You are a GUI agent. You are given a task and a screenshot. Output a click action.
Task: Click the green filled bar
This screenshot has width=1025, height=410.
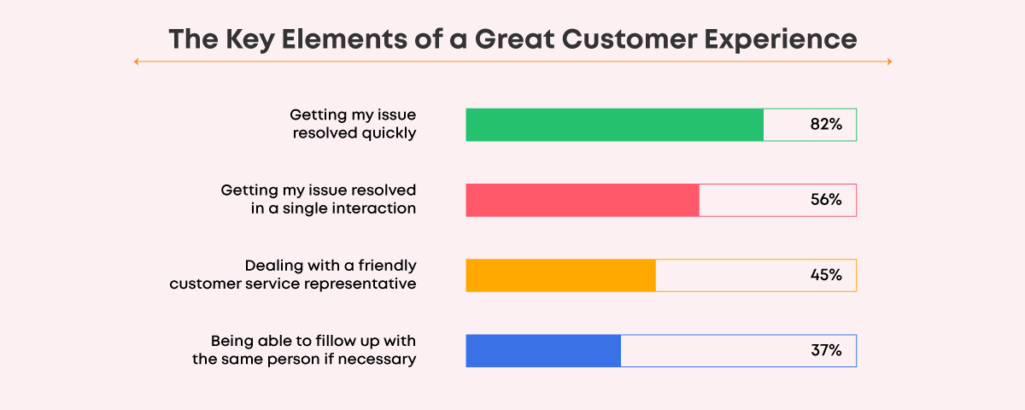point(614,125)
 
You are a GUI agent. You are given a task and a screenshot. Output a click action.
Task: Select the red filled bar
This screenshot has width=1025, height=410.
point(583,200)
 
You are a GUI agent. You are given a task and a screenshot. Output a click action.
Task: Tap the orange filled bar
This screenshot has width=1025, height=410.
point(560,275)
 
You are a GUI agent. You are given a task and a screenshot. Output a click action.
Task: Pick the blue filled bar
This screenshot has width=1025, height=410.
point(543,351)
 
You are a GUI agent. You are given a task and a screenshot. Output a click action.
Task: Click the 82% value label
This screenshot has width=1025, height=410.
point(826,125)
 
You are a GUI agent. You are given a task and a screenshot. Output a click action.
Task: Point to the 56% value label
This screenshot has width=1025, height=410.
point(826,200)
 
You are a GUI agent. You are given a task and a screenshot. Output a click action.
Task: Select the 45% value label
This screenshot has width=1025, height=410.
point(826,275)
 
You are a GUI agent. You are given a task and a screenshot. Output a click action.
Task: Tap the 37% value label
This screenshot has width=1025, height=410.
point(826,350)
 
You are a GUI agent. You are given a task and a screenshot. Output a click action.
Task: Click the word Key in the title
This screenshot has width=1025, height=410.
point(249,40)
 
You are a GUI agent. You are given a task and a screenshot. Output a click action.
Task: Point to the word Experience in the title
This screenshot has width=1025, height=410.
point(780,40)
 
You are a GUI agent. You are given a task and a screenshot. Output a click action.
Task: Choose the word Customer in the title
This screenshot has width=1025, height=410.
point(629,39)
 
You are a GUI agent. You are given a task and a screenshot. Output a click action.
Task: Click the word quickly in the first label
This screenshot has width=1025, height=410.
point(389,133)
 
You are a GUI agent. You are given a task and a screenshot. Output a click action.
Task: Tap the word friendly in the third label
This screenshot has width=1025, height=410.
point(387,266)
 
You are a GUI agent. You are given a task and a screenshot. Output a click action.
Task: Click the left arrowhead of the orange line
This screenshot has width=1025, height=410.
point(136,61)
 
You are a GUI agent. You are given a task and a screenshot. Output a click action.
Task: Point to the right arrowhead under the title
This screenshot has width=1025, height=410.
point(889,61)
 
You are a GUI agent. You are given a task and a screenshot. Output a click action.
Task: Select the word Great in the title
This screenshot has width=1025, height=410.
point(514,39)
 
